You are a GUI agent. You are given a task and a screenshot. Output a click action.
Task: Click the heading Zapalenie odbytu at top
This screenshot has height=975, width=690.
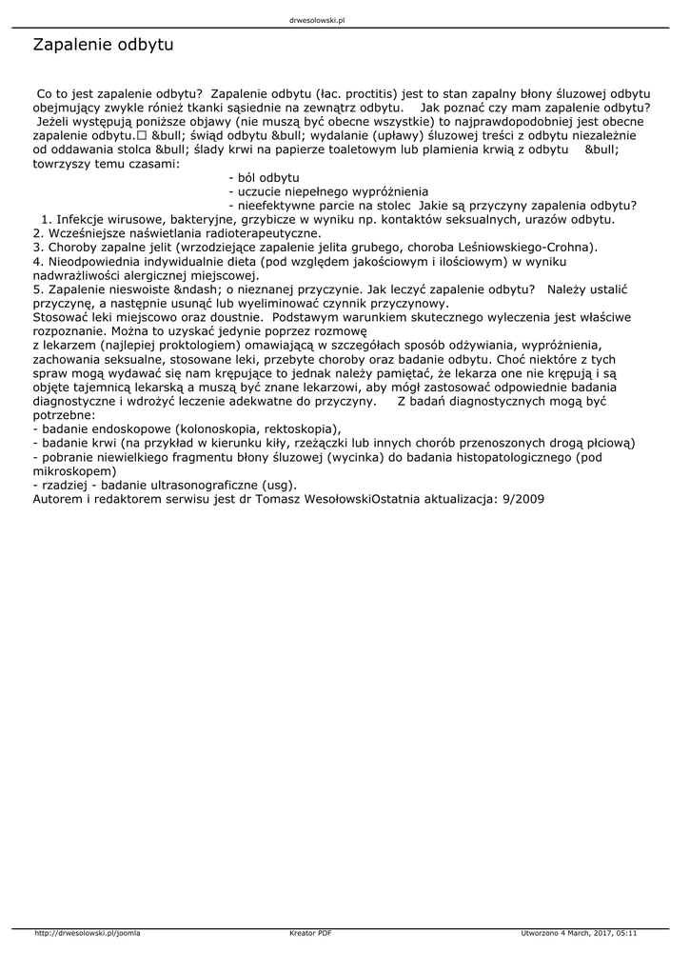pyautogui.click(x=103, y=46)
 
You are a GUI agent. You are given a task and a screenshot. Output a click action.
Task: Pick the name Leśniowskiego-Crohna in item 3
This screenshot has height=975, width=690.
pyautogui.click(x=533, y=247)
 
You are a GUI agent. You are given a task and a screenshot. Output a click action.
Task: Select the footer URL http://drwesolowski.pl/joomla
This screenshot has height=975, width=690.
pyautogui.click(x=87, y=933)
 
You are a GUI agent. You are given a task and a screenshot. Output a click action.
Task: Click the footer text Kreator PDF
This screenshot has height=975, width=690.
pyautogui.click(x=310, y=933)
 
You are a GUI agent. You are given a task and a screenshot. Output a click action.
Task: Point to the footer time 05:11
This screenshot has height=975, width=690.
pyautogui.click(x=626, y=933)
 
